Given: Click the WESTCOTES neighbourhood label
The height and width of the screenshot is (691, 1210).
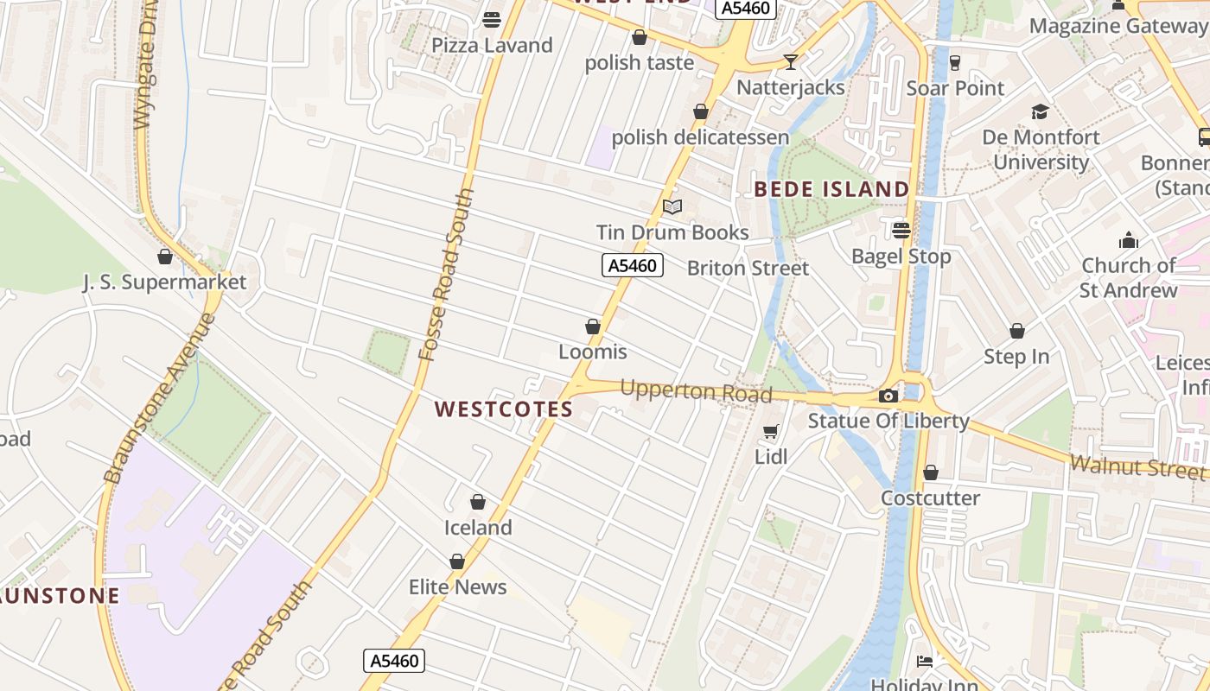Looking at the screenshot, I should [504, 409].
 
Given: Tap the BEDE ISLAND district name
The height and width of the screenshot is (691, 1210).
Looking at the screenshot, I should [831, 189].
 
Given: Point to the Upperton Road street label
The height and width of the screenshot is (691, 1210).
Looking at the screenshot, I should [696, 391].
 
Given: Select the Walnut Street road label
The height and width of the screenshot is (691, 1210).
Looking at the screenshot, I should [1137, 467].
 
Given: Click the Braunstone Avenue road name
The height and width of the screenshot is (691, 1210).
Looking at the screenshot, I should [160, 397].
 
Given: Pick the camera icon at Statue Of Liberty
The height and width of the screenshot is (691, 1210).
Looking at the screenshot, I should [888, 396].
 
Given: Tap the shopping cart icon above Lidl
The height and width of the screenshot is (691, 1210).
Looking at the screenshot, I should [771, 431].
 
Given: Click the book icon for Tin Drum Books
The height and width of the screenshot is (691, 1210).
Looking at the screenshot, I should [672, 207].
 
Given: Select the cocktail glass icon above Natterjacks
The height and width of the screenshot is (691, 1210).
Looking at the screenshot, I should [790, 62].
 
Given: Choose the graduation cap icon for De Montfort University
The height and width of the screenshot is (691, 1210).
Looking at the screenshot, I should [1040, 112].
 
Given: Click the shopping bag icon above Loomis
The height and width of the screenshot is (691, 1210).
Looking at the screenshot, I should [593, 326].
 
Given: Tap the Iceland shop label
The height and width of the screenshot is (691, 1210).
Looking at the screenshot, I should [478, 528].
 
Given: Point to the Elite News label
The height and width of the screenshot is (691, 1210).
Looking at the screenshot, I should [457, 587].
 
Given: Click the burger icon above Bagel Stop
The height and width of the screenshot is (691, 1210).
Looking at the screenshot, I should [901, 231].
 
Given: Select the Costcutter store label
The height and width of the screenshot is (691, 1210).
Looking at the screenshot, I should [930, 498].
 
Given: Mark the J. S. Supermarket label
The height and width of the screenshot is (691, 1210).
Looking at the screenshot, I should [164, 282].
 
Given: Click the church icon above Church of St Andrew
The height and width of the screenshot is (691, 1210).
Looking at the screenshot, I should [1128, 241].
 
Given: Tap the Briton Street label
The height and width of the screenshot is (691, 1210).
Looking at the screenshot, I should [748, 269].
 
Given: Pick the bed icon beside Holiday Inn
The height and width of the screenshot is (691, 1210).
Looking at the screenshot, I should [925, 662].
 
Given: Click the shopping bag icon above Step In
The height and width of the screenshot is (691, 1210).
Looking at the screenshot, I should [1017, 331].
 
